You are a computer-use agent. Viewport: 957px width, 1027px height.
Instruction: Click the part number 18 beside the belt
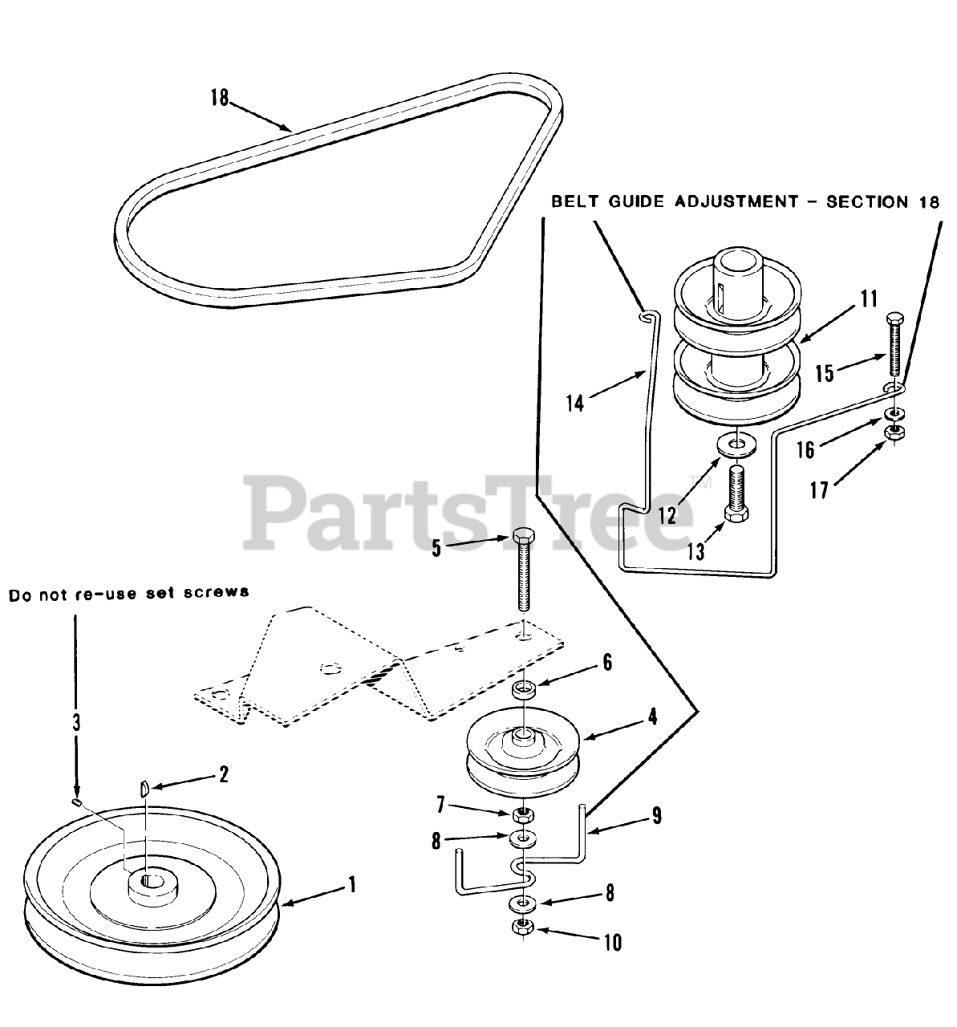pos(219,98)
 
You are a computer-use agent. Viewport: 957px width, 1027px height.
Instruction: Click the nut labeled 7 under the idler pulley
pos(523,816)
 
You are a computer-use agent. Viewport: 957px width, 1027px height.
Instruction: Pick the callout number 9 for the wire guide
pos(656,816)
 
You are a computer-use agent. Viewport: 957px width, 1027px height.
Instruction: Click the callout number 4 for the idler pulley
pos(652,716)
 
